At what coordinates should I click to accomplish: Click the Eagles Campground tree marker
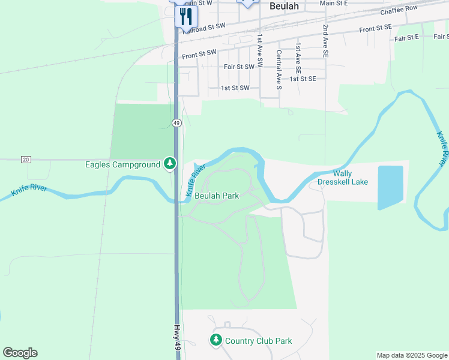170,164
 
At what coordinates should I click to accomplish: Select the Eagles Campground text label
122,164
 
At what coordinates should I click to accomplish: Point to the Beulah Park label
217,196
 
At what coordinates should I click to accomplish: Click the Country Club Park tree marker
215,340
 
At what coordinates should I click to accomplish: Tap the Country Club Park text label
258,341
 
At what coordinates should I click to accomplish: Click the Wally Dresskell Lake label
342,177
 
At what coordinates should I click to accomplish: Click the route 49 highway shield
176,122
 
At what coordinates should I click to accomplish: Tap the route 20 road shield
25,160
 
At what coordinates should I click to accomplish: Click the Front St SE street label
375,28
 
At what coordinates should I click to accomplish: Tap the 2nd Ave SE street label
325,41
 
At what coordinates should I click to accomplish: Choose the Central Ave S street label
279,70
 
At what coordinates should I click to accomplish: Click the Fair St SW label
238,67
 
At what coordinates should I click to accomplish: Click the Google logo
20,353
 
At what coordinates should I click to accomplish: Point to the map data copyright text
412,355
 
